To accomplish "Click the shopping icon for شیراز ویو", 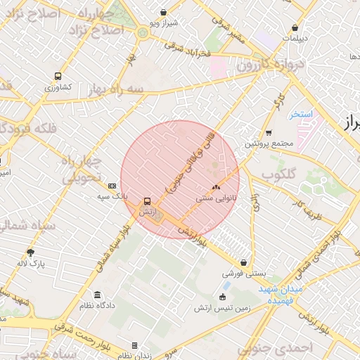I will coord(164,12).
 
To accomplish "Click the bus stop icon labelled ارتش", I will coord(147,200).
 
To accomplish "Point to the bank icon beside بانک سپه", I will coord(112,186).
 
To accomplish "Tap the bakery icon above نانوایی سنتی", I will coord(215,188).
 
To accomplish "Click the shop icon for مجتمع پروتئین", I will coord(269,132).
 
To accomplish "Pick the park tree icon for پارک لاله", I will coord(30,252).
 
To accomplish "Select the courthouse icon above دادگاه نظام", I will coord(96,295).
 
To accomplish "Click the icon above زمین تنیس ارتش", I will coord(224,296).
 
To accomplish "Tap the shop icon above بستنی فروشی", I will coord(243,262).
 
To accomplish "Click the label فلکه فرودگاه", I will coord(28,127).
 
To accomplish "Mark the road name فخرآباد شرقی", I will coord(188,50).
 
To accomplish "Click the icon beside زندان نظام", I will coord(134,345).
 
